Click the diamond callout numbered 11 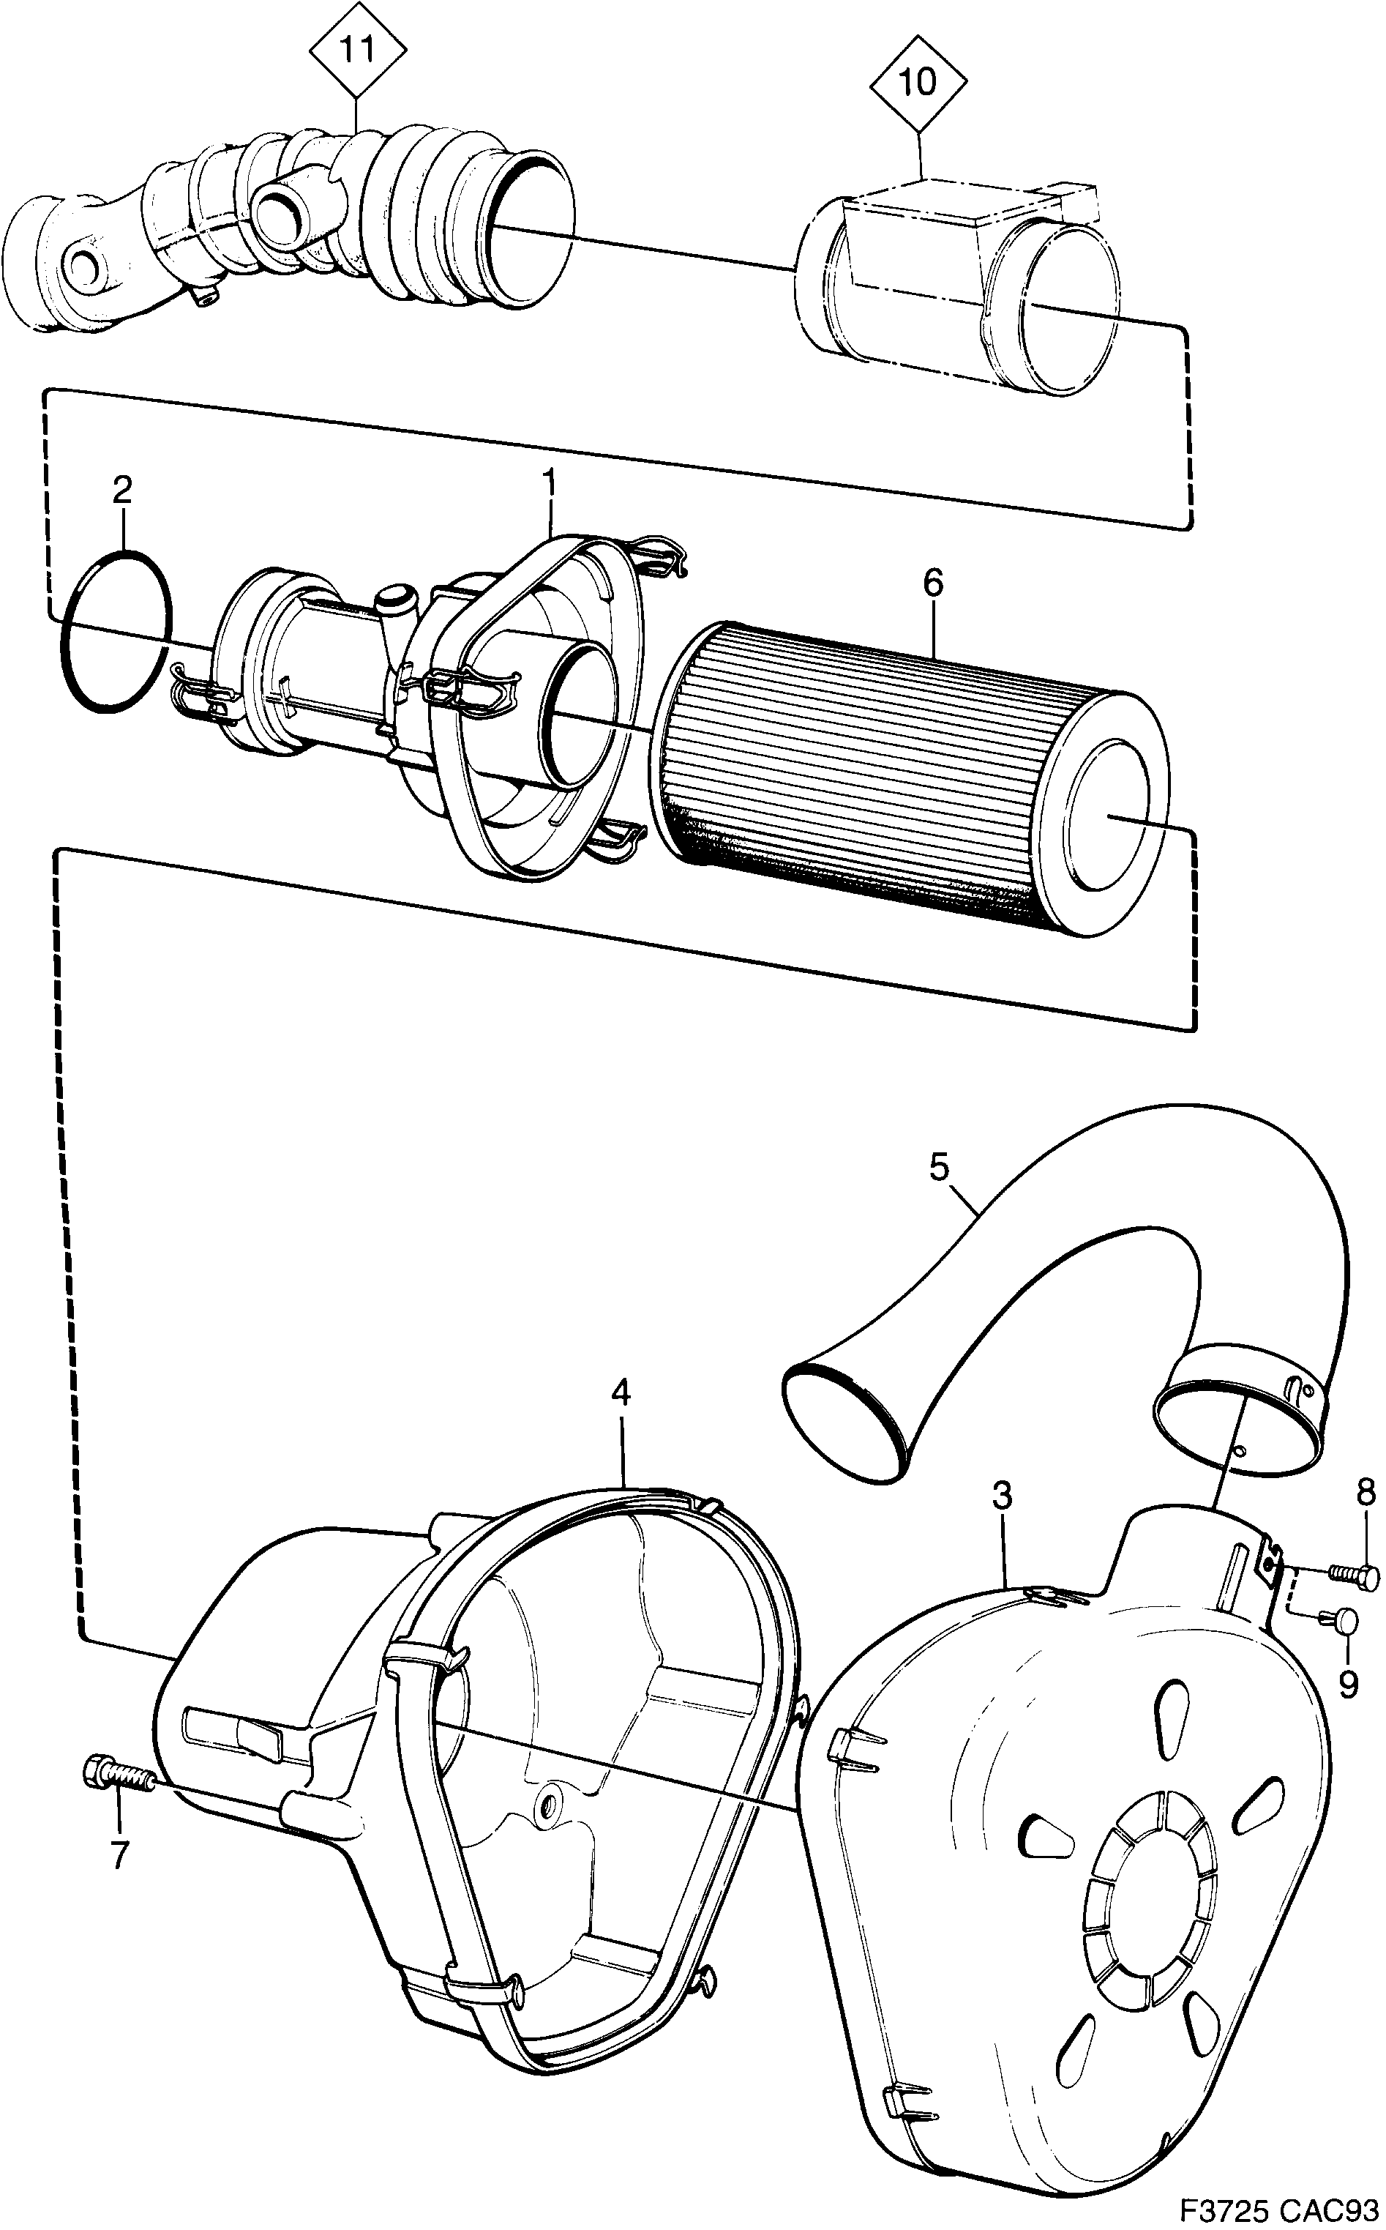[358, 50]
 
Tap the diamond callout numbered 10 [918, 83]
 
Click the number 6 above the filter [932, 583]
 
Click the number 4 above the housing [621, 1394]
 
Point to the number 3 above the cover [1001, 1496]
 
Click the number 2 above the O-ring [123, 490]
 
